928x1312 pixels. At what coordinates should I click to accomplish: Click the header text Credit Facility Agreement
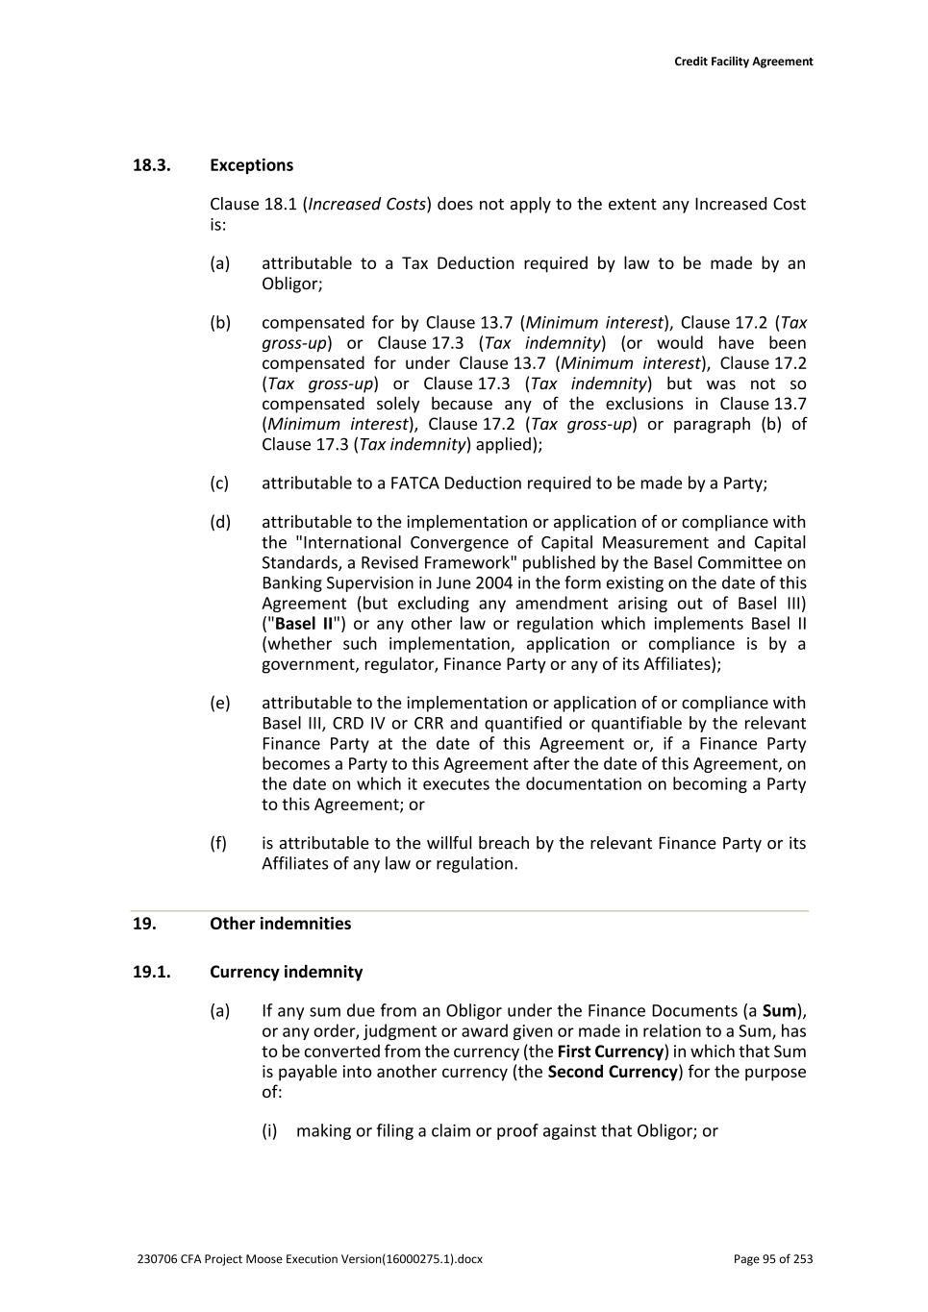pyautogui.click(x=742, y=62)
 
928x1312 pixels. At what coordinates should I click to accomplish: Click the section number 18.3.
pyautogui.click(x=151, y=165)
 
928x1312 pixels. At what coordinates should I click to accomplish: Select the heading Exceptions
pyautogui.click(x=251, y=165)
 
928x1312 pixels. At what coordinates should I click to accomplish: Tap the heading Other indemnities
pyautogui.click(x=280, y=924)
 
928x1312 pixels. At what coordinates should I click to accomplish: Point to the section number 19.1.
pyautogui.click(x=151, y=972)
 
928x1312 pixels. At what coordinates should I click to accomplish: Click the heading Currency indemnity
pyautogui.click(x=286, y=972)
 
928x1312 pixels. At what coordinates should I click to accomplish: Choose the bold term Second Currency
pyautogui.click(x=613, y=1072)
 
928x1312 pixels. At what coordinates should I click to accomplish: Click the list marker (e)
pyautogui.click(x=220, y=704)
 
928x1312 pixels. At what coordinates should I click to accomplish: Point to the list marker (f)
pyautogui.click(x=218, y=844)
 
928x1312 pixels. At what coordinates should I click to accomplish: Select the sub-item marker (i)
pyautogui.click(x=269, y=1131)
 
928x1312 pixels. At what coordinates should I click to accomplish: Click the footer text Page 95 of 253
pyautogui.click(x=772, y=1259)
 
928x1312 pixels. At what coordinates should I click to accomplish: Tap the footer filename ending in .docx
pyautogui.click(x=310, y=1259)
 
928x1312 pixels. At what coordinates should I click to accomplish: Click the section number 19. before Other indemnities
pyautogui.click(x=144, y=924)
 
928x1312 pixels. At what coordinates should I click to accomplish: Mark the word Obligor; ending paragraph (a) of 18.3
pyautogui.click(x=292, y=285)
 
